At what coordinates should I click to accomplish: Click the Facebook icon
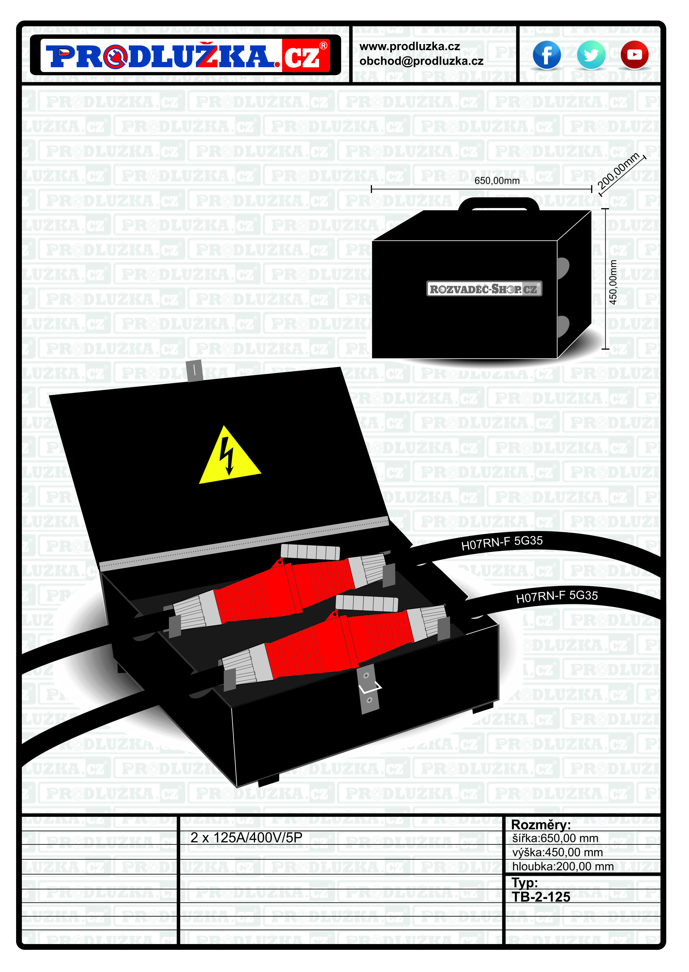(547, 55)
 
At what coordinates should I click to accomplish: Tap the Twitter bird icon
(591, 55)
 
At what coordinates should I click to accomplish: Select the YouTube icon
(634, 55)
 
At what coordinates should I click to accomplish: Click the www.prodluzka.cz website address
(409, 47)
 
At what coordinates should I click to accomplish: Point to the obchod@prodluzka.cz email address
(421, 61)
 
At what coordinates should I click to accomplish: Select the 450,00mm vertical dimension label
(613, 282)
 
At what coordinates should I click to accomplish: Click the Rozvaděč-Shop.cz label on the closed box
(484, 289)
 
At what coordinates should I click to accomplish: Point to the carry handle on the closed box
(499, 204)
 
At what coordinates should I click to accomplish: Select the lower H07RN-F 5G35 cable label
(557, 597)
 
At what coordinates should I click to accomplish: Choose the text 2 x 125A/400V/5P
(246, 838)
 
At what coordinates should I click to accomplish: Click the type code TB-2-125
(541, 897)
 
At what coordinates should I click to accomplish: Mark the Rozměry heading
(540, 825)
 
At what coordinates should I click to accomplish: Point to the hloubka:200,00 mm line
(563, 866)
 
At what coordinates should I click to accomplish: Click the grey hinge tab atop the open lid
(194, 370)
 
